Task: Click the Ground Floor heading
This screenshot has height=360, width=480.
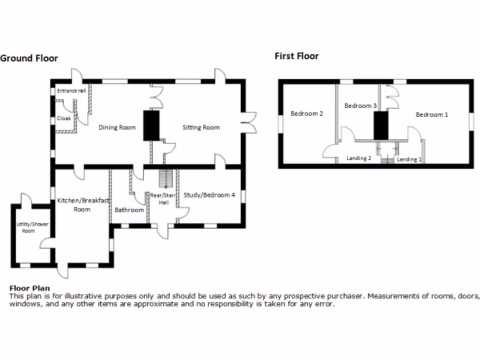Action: click(29, 58)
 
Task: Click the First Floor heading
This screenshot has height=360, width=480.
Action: click(297, 56)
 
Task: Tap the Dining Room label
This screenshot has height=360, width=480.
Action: click(117, 127)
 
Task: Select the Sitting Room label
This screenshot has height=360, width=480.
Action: click(201, 127)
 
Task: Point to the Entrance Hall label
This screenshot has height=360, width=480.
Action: click(71, 90)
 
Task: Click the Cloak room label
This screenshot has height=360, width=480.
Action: click(64, 118)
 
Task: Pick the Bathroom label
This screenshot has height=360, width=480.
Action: click(129, 210)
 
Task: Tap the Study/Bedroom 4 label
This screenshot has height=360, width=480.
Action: click(209, 195)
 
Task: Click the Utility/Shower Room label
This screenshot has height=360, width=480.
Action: click(32, 227)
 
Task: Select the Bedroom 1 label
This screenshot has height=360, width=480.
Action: click(432, 114)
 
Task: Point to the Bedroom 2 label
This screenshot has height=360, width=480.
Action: click(307, 113)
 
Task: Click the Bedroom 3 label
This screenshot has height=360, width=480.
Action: click(360, 105)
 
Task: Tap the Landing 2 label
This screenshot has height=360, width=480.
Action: click(359, 158)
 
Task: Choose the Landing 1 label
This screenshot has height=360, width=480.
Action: click(409, 159)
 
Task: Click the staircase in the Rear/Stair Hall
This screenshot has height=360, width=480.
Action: click(166, 179)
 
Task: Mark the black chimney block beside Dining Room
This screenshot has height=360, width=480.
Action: click(151, 126)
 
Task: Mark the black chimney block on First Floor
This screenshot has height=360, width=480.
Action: click(381, 126)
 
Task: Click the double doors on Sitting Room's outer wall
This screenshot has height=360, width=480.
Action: click(250, 122)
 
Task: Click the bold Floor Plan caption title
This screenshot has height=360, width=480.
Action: click(30, 288)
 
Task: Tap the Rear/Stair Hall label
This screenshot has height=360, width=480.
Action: click(163, 199)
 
